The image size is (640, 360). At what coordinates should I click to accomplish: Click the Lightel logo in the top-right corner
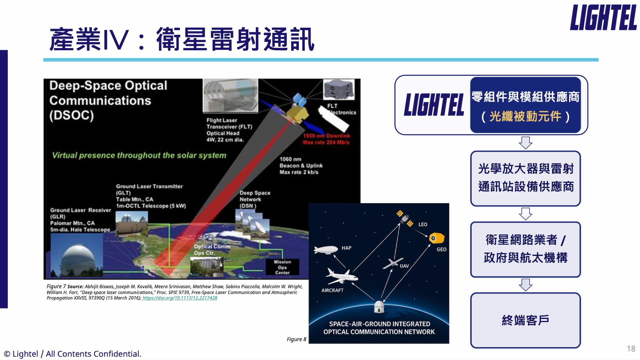pos(603,18)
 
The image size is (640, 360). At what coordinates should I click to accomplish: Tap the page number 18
pos(631,349)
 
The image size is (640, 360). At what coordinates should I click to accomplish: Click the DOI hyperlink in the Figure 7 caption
pos(180,298)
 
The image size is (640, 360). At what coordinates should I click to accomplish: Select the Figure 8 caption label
pos(296,339)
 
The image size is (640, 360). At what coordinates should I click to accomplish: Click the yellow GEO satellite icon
pos(436,238)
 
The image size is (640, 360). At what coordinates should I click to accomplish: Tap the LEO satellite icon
pos(404,218)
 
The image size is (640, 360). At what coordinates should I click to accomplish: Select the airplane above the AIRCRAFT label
pos(341,276)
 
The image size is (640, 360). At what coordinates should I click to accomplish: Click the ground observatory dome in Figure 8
pos(379,307)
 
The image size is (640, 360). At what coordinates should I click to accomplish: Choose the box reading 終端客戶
pos(525,320)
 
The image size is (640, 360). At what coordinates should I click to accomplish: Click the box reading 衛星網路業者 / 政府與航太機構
pos(525,249)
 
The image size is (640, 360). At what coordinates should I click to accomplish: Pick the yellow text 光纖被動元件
pos(525,116)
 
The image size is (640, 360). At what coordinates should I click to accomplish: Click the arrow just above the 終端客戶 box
pos(525,285)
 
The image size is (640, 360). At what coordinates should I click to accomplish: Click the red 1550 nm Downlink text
pos(326,136)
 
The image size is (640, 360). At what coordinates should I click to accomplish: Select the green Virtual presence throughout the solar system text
pos(139,155)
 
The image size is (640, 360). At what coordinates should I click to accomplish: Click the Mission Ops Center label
pos(282,267)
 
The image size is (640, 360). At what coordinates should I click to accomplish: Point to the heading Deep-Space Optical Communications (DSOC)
pos(108,100)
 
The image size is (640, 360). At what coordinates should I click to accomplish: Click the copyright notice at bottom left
pos(73,354)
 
